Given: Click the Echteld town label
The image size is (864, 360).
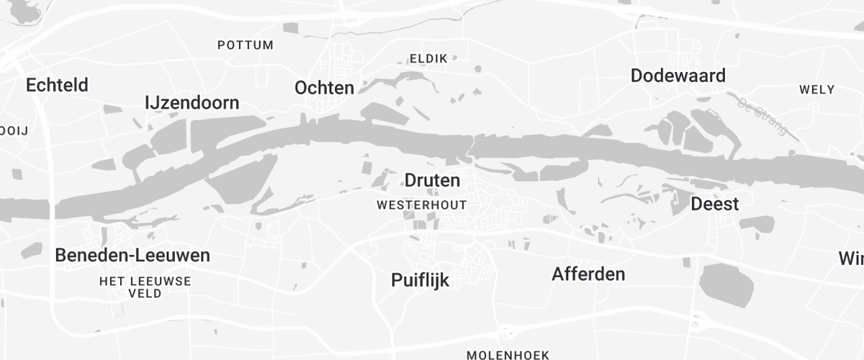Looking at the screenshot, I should [57, 85].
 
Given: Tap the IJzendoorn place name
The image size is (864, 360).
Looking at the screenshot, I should [192, 103].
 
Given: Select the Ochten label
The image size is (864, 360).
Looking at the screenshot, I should [324, 88].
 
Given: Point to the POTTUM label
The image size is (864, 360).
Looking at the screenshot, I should [246, 45].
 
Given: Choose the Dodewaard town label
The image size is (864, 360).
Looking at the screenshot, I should [678, 76].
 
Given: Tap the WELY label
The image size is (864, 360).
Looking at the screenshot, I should [816, 90].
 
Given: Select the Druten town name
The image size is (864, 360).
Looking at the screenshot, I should [432, 180].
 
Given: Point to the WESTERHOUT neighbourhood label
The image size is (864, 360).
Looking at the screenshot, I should [421, 205].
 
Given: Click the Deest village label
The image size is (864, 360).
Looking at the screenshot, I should [714, 204].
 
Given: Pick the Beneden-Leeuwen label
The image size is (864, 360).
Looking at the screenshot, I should [132, 256].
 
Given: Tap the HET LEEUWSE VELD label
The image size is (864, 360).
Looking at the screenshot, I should [145, 287].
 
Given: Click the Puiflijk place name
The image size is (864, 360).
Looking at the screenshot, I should [420, 280].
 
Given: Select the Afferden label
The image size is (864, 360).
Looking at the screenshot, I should [588, 274].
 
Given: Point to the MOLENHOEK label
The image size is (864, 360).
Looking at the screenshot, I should [508, 355].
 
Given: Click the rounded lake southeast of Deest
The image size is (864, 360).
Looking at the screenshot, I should [726, 284].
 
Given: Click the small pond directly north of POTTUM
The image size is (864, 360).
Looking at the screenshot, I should [290, 27].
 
